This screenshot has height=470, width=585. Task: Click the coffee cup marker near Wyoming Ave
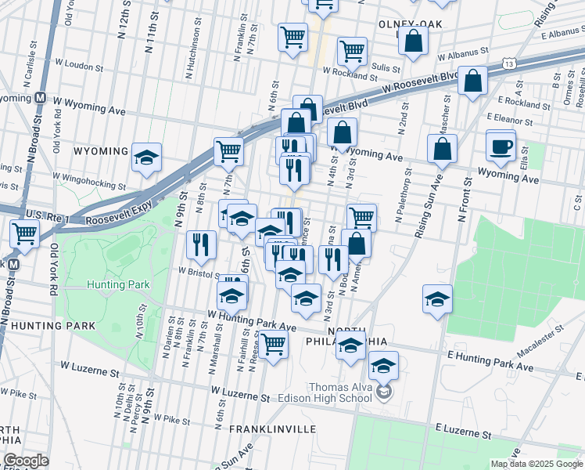tap(501, 146)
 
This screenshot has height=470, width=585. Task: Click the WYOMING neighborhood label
tap(101, 150)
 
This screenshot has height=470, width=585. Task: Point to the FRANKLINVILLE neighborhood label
tap(273, 429)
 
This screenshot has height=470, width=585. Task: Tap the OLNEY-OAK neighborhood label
tap(410, 24)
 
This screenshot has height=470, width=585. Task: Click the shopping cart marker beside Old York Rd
tap(25, 233)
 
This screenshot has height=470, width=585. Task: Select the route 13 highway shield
tap(509, 63)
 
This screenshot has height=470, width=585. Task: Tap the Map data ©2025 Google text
tap(536, 464)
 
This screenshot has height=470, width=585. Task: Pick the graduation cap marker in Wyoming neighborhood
tap(146, 157)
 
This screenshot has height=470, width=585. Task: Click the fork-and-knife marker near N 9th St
tap(202, 245)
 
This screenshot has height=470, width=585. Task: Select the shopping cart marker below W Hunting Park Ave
tap(273, 344)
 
